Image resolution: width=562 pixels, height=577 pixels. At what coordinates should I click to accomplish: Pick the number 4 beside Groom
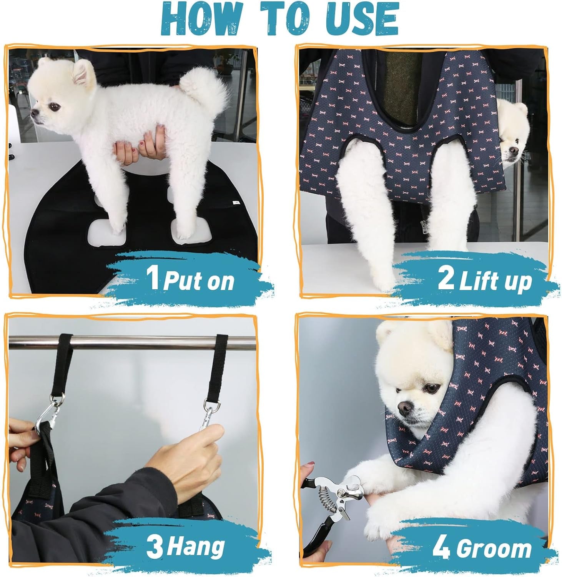pyautogui.click(x=441, y=548)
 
